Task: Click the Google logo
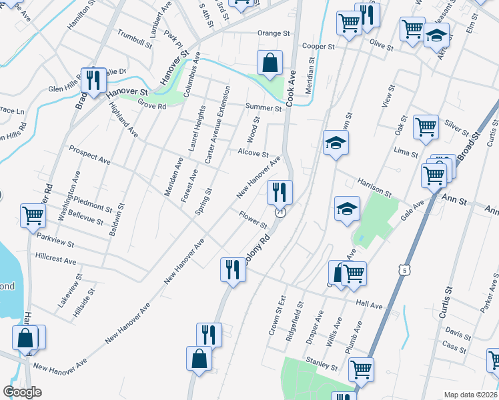[23, 392]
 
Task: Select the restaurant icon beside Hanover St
[93, 80]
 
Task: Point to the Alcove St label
[253, 153]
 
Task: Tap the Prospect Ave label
[89, 155]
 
